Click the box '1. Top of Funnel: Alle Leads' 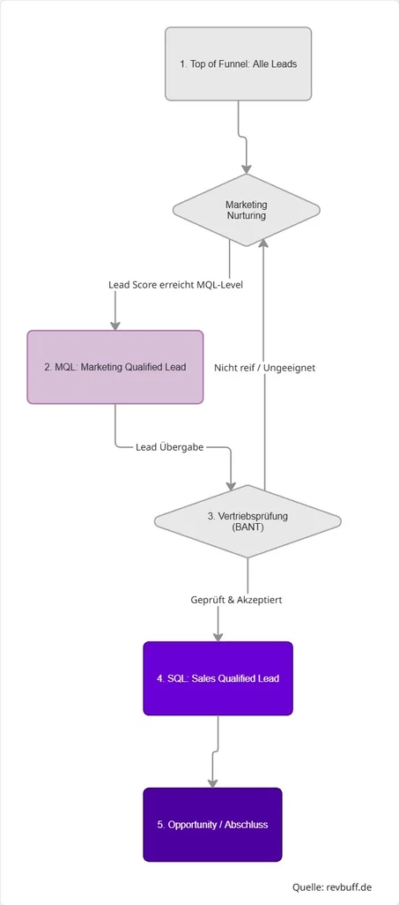pos(238,64)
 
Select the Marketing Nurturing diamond pos(246,210)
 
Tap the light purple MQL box pos(115,367)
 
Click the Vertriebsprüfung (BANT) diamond pos(247,521)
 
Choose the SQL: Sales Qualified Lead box pos(218,678)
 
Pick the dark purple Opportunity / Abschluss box pos(212,824)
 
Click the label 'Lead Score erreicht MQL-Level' pos(175,285)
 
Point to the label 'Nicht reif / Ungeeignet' pos(264,367)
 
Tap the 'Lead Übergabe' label pos(170,447)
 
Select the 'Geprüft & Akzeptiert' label pos(236,600)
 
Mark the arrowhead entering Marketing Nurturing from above pos(247,168)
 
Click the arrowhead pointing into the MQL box pos(115,324)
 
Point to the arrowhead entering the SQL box pos(218,635)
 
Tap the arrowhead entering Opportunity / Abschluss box pos(212,782)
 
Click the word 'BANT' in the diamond pos(248,528)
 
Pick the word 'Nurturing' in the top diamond pos(246,216)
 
